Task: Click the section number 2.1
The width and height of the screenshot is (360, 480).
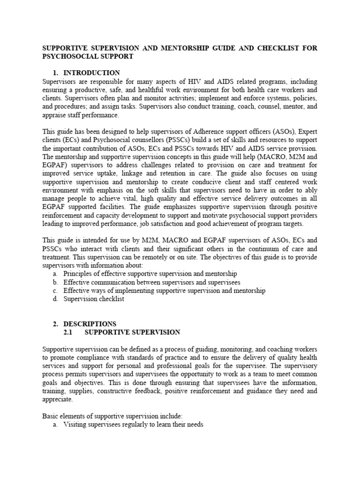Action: pos(69,332)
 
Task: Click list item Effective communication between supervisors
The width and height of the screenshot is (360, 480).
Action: pos(152,282)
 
